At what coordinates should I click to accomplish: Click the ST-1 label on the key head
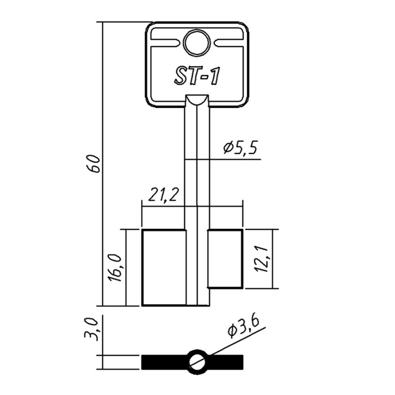196,76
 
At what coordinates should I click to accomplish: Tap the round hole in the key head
197,43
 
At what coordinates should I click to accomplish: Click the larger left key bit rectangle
164,268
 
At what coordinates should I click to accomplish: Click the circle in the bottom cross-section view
197,361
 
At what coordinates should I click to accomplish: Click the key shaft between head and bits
197,174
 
